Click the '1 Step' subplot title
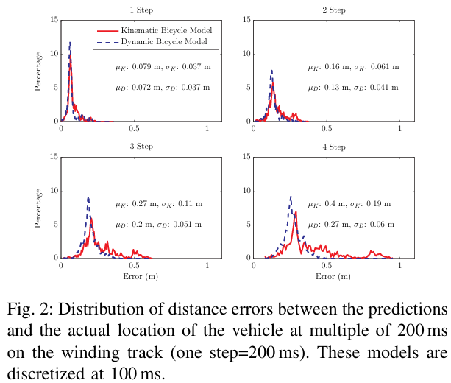(141, 10)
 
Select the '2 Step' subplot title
(333, 10)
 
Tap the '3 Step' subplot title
(141, 147)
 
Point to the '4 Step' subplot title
(333, 147)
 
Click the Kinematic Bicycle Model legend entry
(155, 30)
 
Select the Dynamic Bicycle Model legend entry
(152, 42)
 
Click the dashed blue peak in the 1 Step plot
(70, 43)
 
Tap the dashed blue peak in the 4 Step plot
(291, 197)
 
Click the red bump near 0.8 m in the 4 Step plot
(372, 252)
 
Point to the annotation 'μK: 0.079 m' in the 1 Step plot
(138, 67)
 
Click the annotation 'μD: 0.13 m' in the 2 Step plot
(328, 88)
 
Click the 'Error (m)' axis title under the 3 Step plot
(141, 277)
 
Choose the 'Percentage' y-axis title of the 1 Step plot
(38, 71)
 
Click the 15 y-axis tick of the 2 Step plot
(246, 20)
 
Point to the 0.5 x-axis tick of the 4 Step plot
(327, 265)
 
